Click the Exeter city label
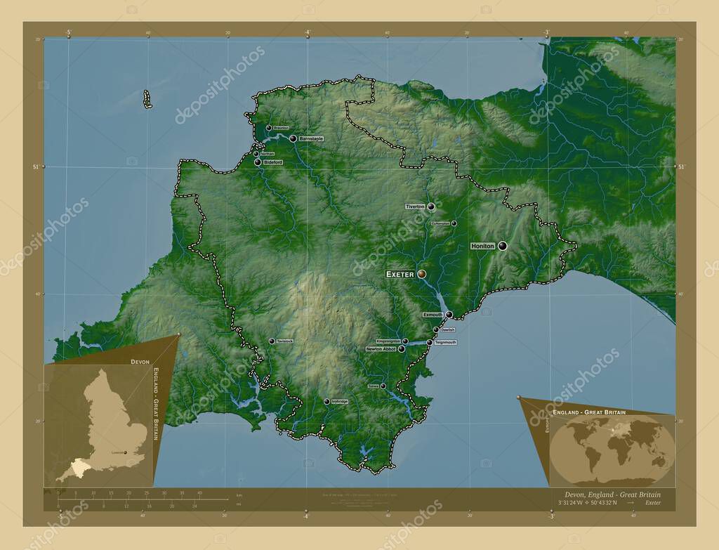400,274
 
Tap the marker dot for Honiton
502,246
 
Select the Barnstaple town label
311,139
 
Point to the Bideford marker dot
258,162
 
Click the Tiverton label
415,207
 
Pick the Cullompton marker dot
454,223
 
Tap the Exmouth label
433,315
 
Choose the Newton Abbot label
381,348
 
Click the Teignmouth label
446,342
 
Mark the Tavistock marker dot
272,341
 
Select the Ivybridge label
340,401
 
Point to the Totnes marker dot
383,386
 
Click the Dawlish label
448,329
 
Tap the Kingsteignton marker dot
405,341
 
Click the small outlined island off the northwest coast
147,99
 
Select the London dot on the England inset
126,453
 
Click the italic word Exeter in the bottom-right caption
652,503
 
